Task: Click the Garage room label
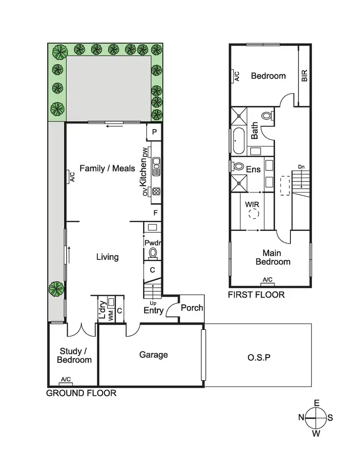154,355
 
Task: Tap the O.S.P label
259,357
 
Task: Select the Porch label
192,308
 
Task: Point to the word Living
107,257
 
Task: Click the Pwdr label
152,243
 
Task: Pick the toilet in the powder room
153,253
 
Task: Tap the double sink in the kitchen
156,167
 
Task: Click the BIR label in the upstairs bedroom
304,76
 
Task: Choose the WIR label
252,205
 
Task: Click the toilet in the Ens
239,167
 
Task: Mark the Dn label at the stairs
301,167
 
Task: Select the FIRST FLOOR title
256,295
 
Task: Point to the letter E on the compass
316,403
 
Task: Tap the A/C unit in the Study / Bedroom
66,380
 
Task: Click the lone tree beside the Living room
56,289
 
